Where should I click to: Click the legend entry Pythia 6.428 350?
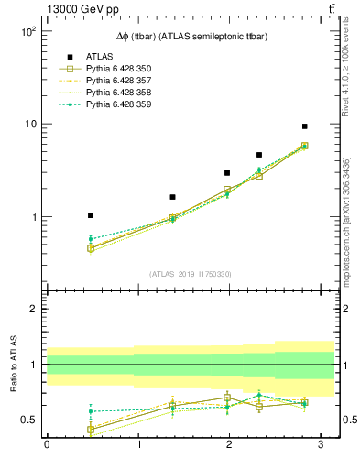tap(119, 69)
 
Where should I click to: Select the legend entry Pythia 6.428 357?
tap(119, 81)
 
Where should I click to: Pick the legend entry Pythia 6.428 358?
tap(119, 93)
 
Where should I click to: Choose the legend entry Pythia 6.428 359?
tap(119, 104)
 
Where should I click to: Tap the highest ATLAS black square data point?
tap(304, 126)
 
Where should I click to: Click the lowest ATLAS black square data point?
tap(91, 215)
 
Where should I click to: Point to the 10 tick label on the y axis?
tap(29, 124)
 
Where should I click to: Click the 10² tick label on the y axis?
tap(27, 30)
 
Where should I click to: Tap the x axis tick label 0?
tap(46, 444)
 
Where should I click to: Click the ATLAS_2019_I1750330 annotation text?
tap(190, 274)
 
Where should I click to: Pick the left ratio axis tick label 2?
tap(33, 309)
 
